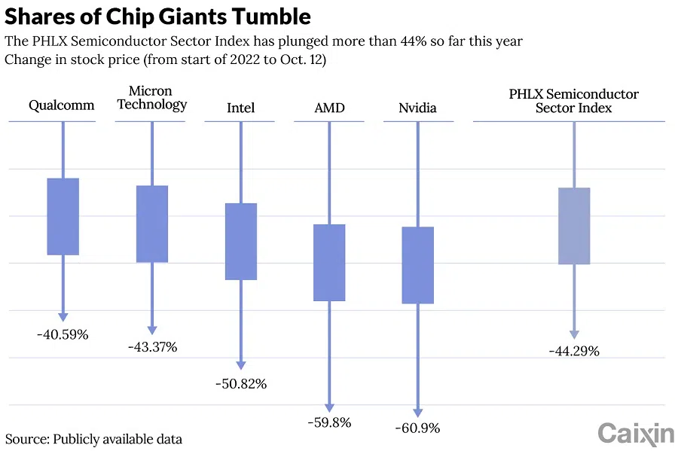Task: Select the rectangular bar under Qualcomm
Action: pyautogui.click(x=63, y=217)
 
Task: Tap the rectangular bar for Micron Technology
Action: pyautogui.click(x=152, y=224)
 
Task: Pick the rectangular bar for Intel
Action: pyautogui.click(x=241, y=242)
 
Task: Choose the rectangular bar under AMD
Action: pyautogui.click(x=329, y=263)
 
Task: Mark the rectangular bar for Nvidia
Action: pyautogui.click(x=417, y=265)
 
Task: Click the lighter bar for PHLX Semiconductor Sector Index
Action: pyautogui.click(x=574, y=226)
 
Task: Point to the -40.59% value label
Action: pyautogui.click(x=63, y=334)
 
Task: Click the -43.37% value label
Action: pyautogui.click(x=151, y=347)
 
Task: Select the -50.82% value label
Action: pyautogui.click(x=241, y=383)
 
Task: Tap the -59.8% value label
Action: pyautogui.click(x=329, y=422)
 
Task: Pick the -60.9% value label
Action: pyautogui.click(x=417, y=428)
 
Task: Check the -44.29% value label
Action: pyautogui.click(x=574, y=351)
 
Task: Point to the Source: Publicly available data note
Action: pyautogui.click(x=94, y=438)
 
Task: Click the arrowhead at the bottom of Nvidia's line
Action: pyautogui.click(x=417, y=412)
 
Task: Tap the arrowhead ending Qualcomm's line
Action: pyautogui.click(x=63, y=317)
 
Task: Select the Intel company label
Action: pyautogui.click(x=241, y=108)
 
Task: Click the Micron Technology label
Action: pyautogui.click(x=152, y=98)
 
